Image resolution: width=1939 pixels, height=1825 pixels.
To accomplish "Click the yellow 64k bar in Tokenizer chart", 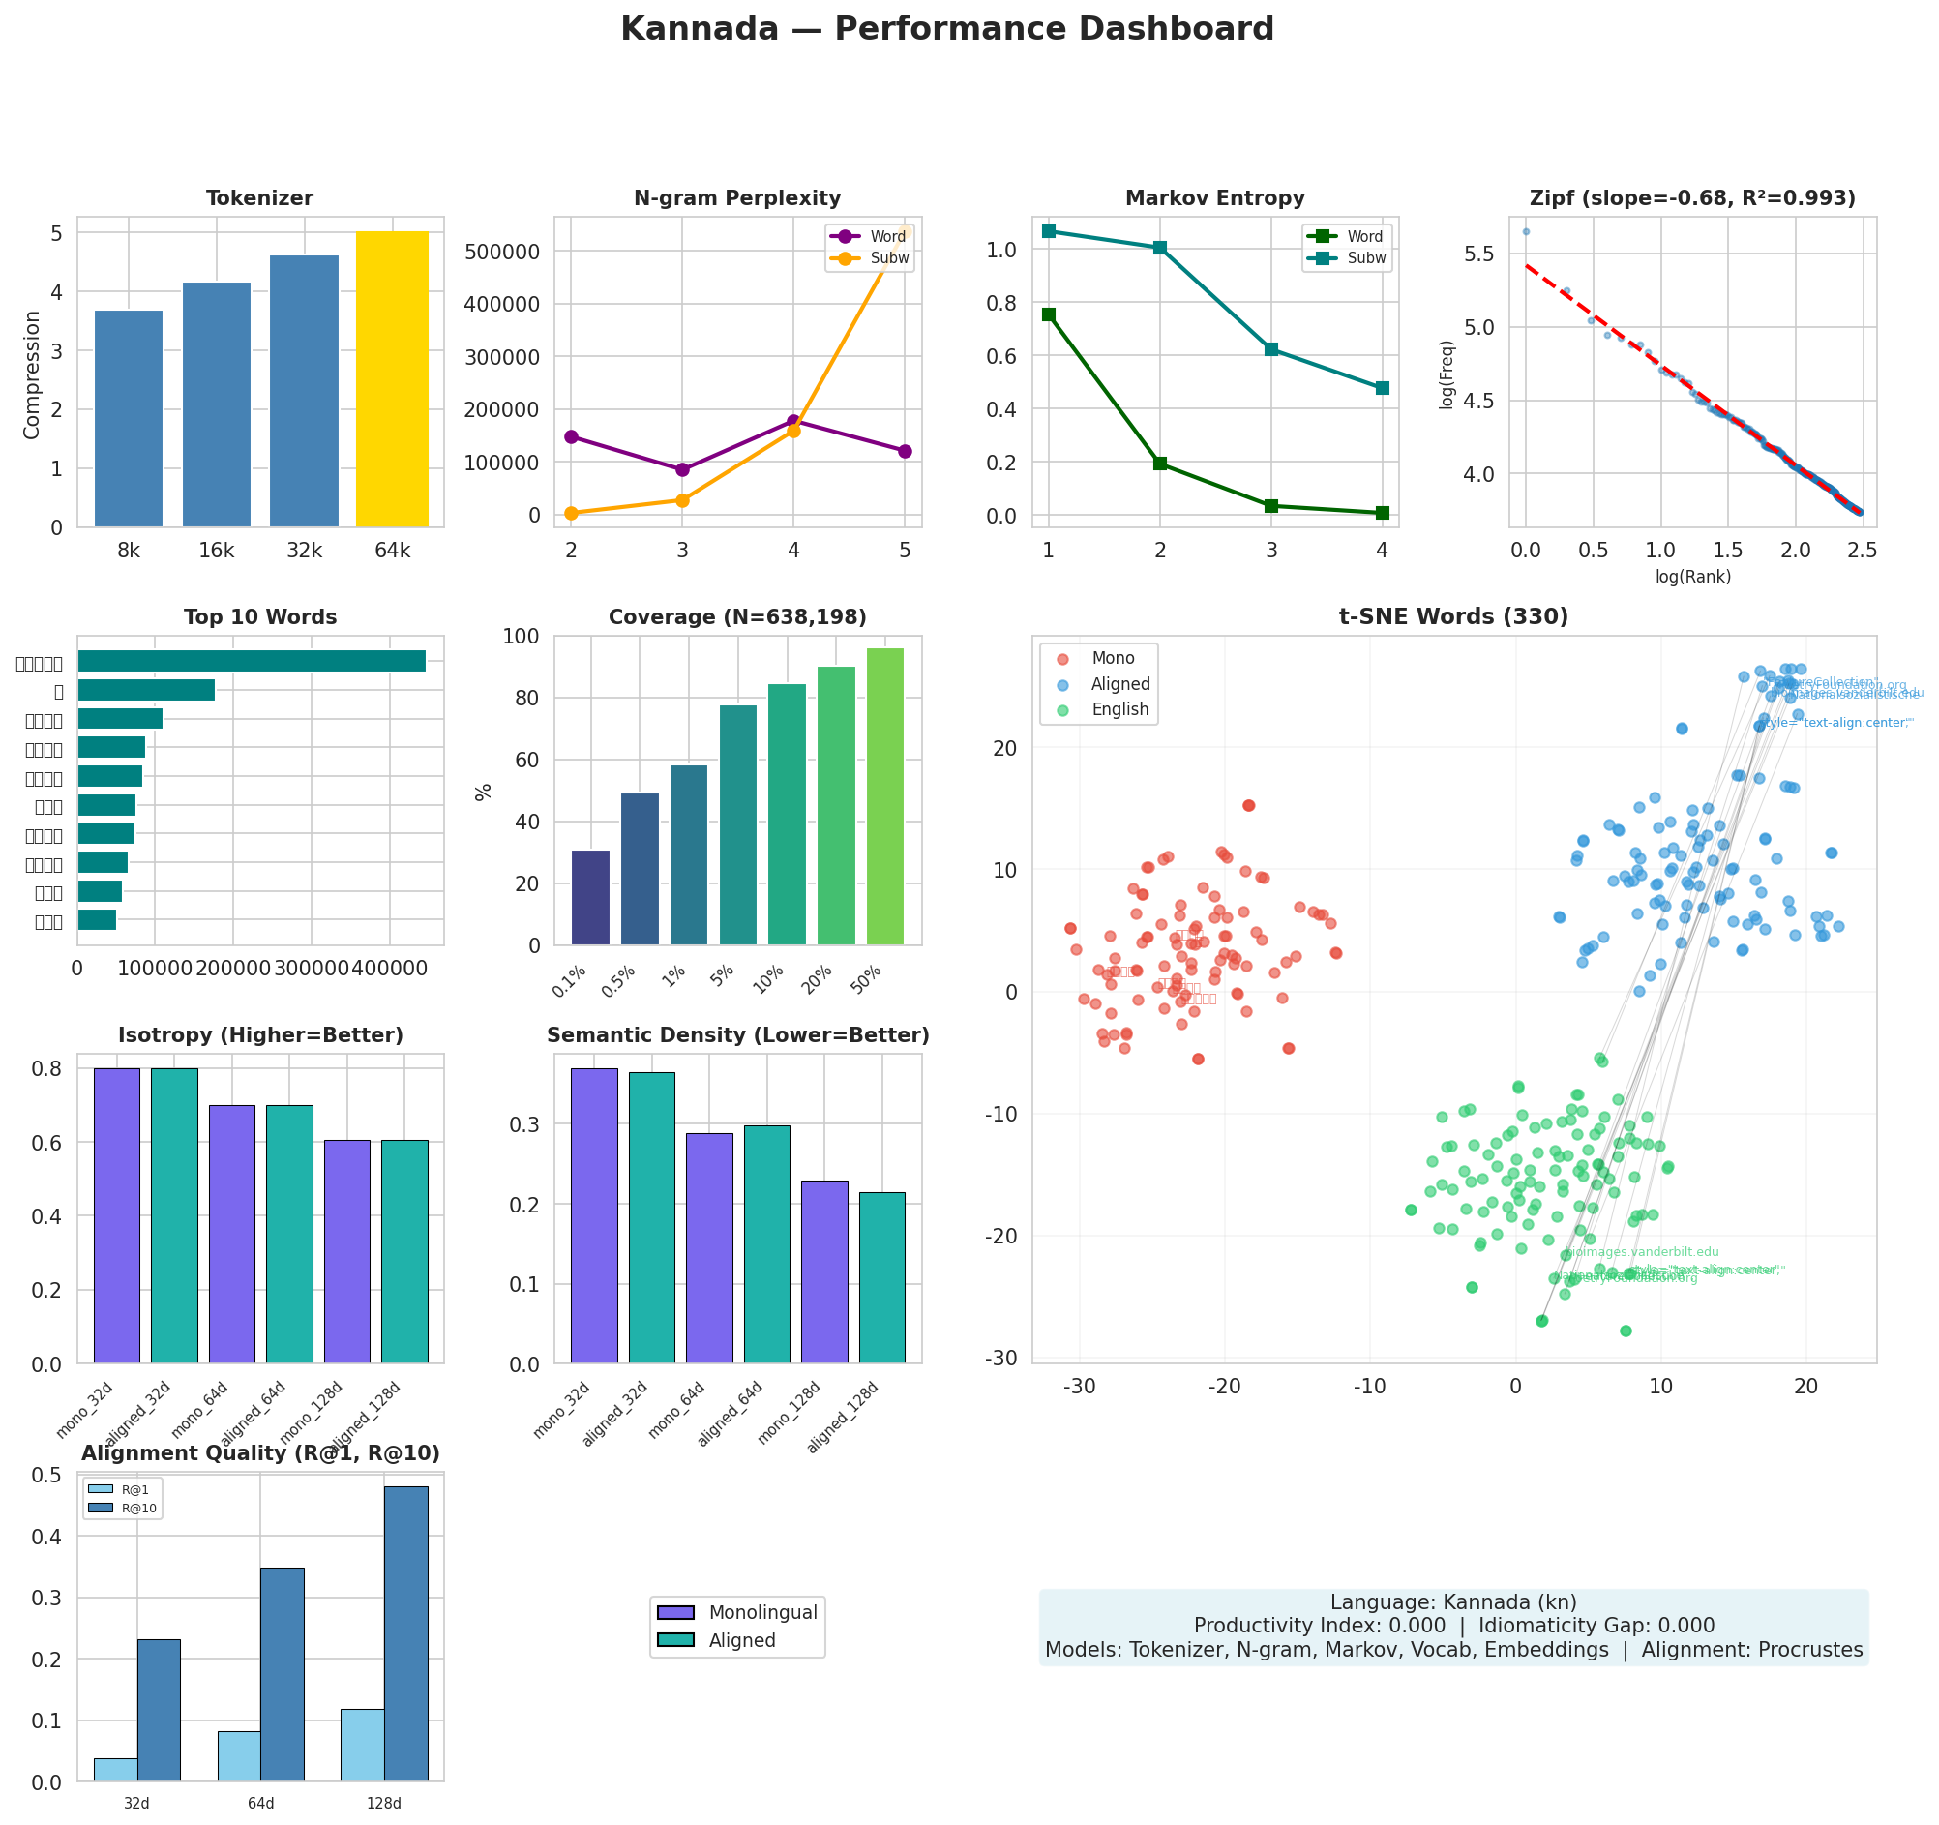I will pyautogui.click(x=392, y=379).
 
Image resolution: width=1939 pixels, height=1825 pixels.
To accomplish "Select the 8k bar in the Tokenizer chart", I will pyautogui.click(x=129, y=418).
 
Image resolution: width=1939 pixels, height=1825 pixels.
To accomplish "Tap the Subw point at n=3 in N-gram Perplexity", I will pyautogui.click(x=682, y=500).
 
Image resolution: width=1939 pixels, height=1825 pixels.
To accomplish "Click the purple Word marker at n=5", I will pyautogui.click(x=904, y=451).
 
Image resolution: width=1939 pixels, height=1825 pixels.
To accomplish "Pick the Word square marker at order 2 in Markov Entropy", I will pyautogui.click(x=1160, y=464).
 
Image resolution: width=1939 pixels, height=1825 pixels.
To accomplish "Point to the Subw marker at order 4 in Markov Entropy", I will pyautogui.click(x=1381, y=388).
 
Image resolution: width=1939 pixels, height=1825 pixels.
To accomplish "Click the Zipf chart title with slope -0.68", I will pyautogui.click(x=1692, y=199).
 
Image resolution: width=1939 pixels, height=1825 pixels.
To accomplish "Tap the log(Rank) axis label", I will pyautogui.click(x=1692, y=577).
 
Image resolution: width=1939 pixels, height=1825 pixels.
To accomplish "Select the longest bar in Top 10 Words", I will pyautogui.click(x=252, y=661).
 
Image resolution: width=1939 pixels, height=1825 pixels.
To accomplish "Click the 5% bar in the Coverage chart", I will pyautogui.click(x=737, y=825).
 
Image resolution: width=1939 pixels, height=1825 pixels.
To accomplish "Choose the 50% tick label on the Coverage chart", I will pyautogui.click(x=866, y=978).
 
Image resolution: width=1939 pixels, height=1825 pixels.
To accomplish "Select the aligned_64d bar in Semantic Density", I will pyautogui.click(x=766, y=1243).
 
